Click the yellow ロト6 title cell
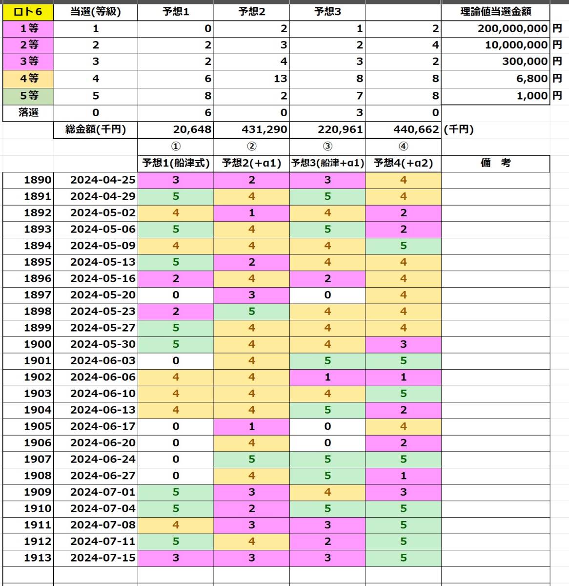coord(28,12)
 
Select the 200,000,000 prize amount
coord(512,28)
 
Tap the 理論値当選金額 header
coord(495,12)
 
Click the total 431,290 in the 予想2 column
coord(264,129)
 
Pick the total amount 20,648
coord(192,129)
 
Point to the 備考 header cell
coord(495,163)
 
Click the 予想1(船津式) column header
coord(176,163)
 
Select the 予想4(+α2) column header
coord(403,163)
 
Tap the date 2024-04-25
coord(102,180)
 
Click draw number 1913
coord(38,558)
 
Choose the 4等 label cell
coord(28,78)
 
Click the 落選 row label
coord(28,112)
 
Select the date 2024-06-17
coord(102,426)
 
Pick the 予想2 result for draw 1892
coord(252,213)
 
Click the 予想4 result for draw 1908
coord(403,476)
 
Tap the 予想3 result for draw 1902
coord(327,377)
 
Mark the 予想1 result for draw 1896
coord(176,278)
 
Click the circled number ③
coord(327,146)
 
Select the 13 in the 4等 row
coord(281,78)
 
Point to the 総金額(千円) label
coord(96,129)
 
